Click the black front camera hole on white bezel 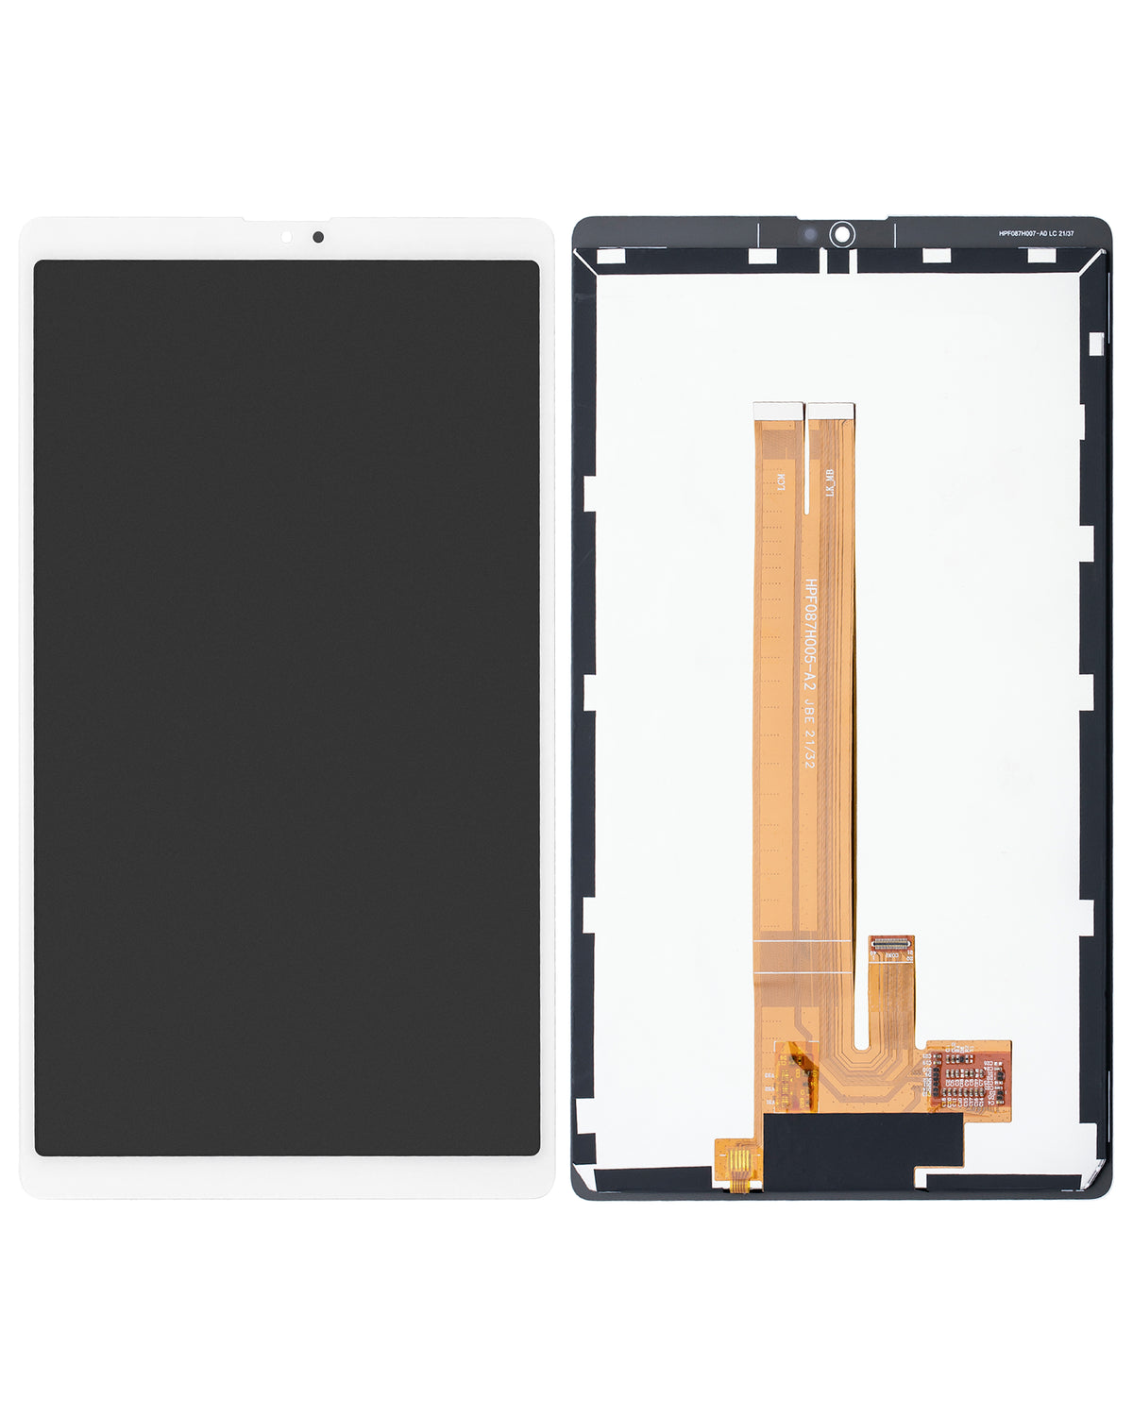(x=318, y=237)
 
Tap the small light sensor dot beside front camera (x=286, y=237)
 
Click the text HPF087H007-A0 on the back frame (x=1028, y=233)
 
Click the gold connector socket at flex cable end (x=891, y=943)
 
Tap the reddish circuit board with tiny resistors (x=969, y=1074)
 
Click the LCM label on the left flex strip (x=781, y=483)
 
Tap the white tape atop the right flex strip (x=831, y=411)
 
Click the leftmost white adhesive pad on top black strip (x=611, y=257)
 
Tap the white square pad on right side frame (x=1095, y=345)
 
